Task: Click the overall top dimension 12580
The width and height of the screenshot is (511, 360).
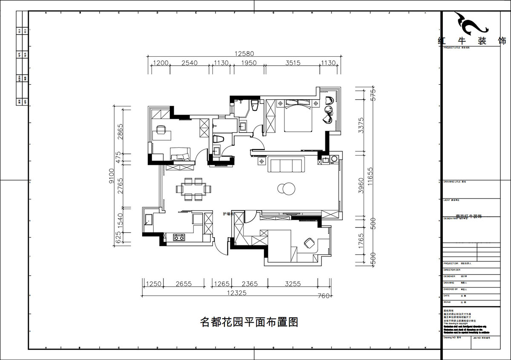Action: [244, 54]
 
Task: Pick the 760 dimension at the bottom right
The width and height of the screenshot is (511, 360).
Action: [323, 296]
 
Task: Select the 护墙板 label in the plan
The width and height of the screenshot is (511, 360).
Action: [228, 214]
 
